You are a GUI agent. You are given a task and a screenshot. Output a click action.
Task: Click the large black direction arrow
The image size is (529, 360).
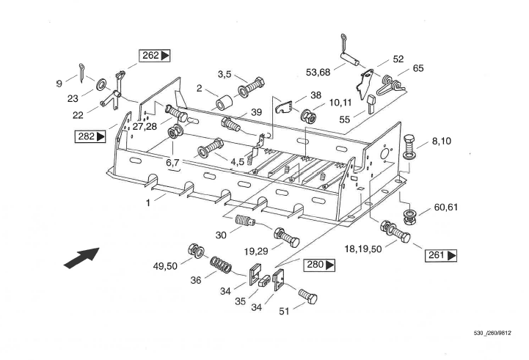81,257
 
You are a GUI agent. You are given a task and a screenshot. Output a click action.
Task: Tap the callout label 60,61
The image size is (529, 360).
445,207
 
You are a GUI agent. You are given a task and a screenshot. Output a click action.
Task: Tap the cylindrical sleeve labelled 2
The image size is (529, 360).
222,100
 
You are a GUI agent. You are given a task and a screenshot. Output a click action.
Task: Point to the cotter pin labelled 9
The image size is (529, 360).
83,71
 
